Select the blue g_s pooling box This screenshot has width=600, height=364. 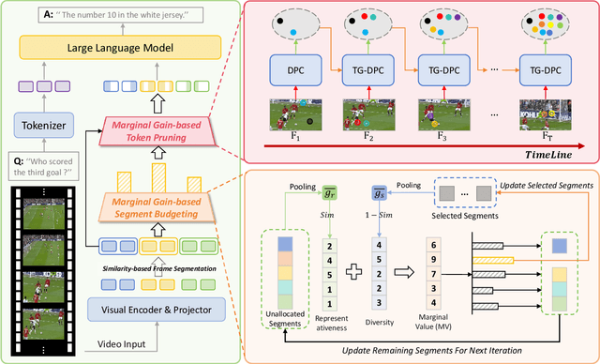click(379, 192)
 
